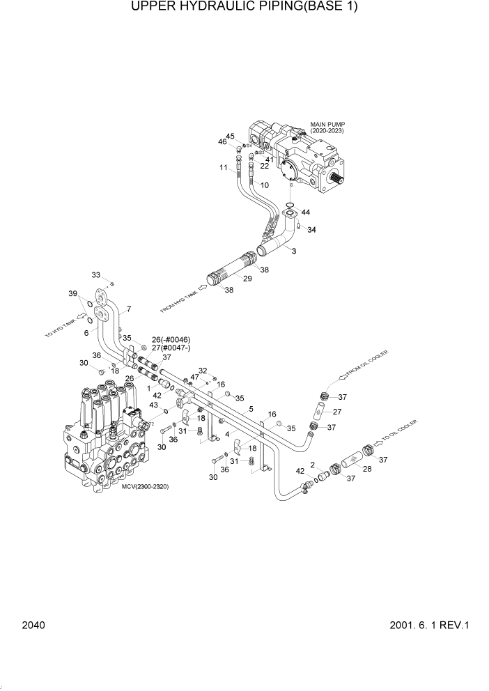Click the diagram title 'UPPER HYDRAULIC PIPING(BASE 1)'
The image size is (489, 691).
click(x=244, y=8)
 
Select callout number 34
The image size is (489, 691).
click(x=311, y=230)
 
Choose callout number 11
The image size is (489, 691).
click(x=224, y=168)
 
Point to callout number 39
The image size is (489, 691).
click(x=72, y=295)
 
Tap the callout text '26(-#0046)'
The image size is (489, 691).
click(x=171, y=339)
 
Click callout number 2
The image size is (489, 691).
click(x=313, y=464)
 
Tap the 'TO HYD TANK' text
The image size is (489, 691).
click(x=60, y=326)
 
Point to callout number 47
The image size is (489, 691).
click(x=196, y=377)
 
